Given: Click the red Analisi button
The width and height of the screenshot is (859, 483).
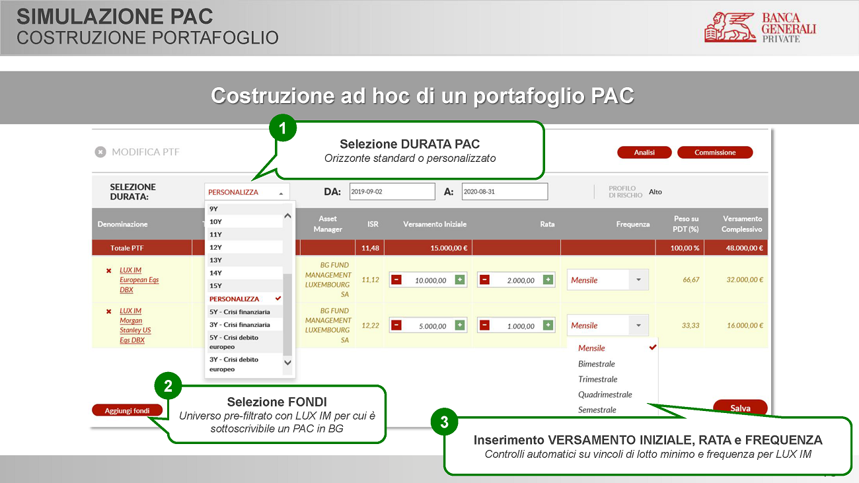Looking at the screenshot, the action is (644, 153).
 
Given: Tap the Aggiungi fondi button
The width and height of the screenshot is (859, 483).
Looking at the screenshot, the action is (127, 410).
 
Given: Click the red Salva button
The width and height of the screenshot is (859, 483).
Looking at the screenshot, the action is (740, 408).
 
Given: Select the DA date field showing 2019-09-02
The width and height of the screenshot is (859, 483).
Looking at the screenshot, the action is (392, 192).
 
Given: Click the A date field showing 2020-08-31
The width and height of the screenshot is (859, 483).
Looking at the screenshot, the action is (505, 192).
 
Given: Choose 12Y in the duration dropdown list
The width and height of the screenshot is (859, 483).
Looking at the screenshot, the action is (216, 247).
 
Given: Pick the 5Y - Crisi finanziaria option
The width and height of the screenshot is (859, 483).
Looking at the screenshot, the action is (240, 312).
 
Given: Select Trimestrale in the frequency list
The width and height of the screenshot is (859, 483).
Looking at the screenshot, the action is (598, 379).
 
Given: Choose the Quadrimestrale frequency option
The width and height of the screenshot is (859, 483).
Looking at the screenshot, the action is (605, 394).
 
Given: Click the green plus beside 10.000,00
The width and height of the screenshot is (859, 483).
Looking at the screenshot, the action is (460, 280).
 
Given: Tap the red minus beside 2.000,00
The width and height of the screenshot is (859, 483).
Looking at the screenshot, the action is (484, 280).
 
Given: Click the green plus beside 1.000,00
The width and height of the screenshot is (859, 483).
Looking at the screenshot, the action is (548, 326).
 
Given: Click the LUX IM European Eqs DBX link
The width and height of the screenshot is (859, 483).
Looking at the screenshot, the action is (139, 280).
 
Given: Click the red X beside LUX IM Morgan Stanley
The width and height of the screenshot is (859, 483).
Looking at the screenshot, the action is (108, 311).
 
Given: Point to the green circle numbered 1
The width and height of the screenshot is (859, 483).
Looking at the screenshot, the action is (283, 128).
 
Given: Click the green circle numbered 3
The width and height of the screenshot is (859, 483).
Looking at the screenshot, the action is (445, 422).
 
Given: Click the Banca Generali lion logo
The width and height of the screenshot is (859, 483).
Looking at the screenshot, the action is (730, 27).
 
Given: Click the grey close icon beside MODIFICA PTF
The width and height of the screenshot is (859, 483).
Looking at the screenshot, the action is (100, 152).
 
